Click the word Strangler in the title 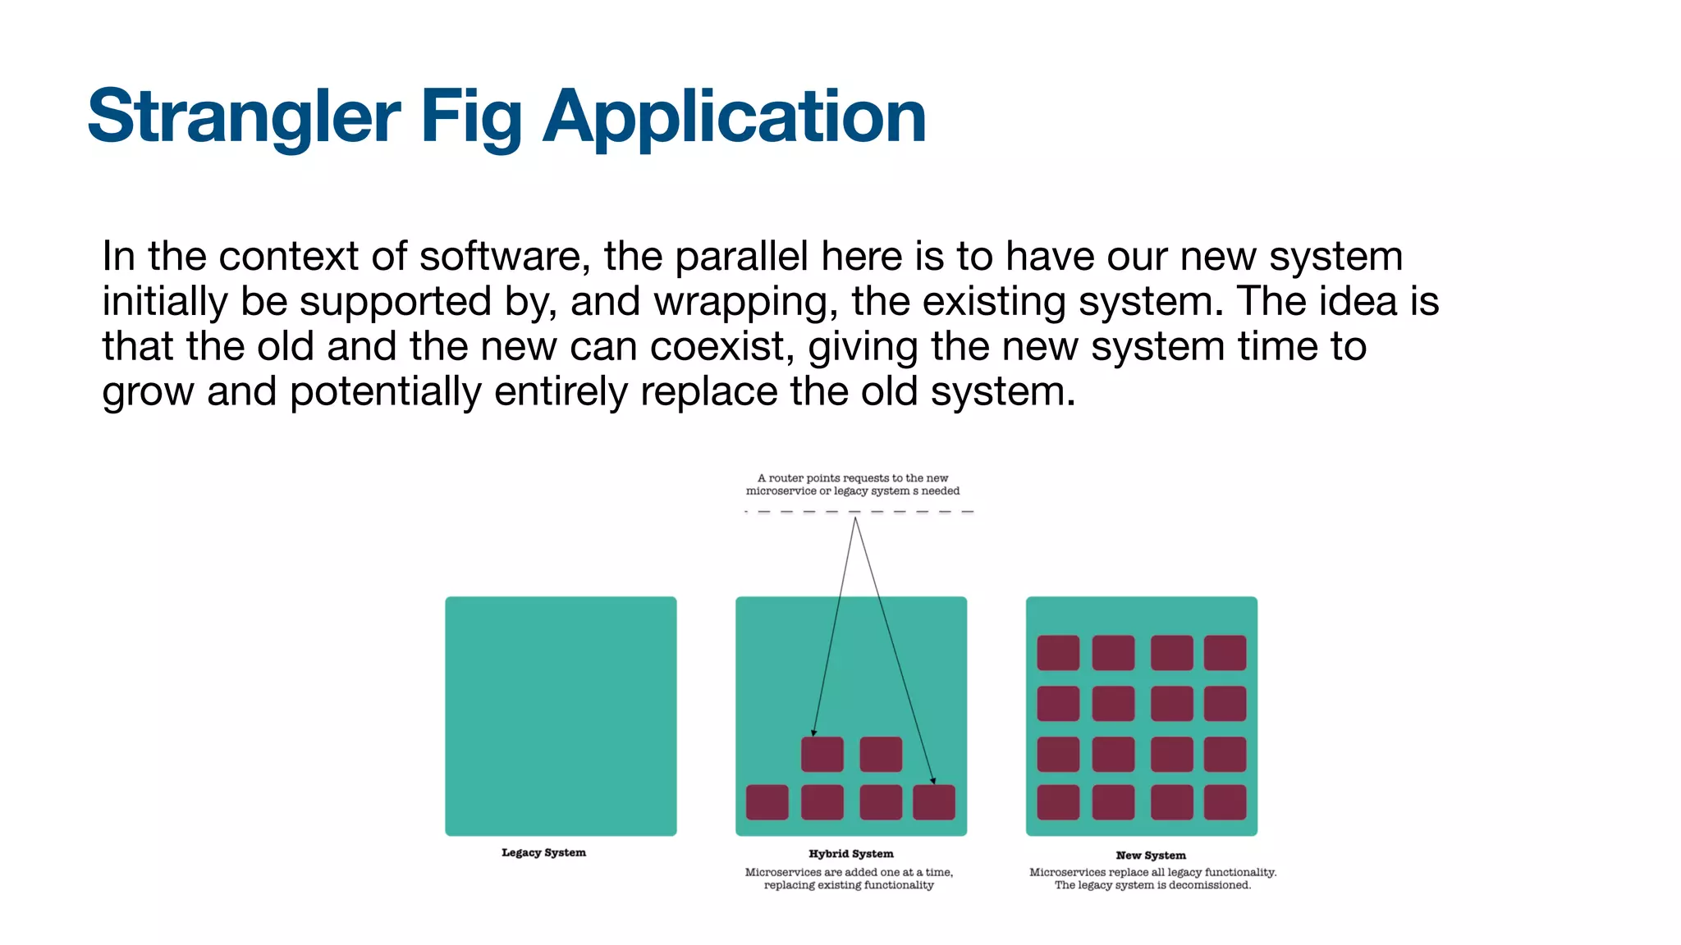pos(244,116)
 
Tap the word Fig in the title pos(471,116)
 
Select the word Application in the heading pos(734,116)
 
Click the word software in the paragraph pos(504,257)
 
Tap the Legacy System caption pos(543,852)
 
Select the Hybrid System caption pos(850,853)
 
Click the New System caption pos(1150,855)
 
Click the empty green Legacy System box pos(561,715)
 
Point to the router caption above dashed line pos(852,484)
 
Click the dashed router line pos(858,511)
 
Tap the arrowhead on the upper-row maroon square pos(813,733)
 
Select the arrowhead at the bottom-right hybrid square pos(933,781)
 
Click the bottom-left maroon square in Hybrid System pos(767,802)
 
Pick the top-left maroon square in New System pos(1058,653)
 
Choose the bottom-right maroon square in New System pos(1225,802)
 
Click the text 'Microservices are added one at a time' pos(849,872)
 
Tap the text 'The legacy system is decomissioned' pos(1152,885)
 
